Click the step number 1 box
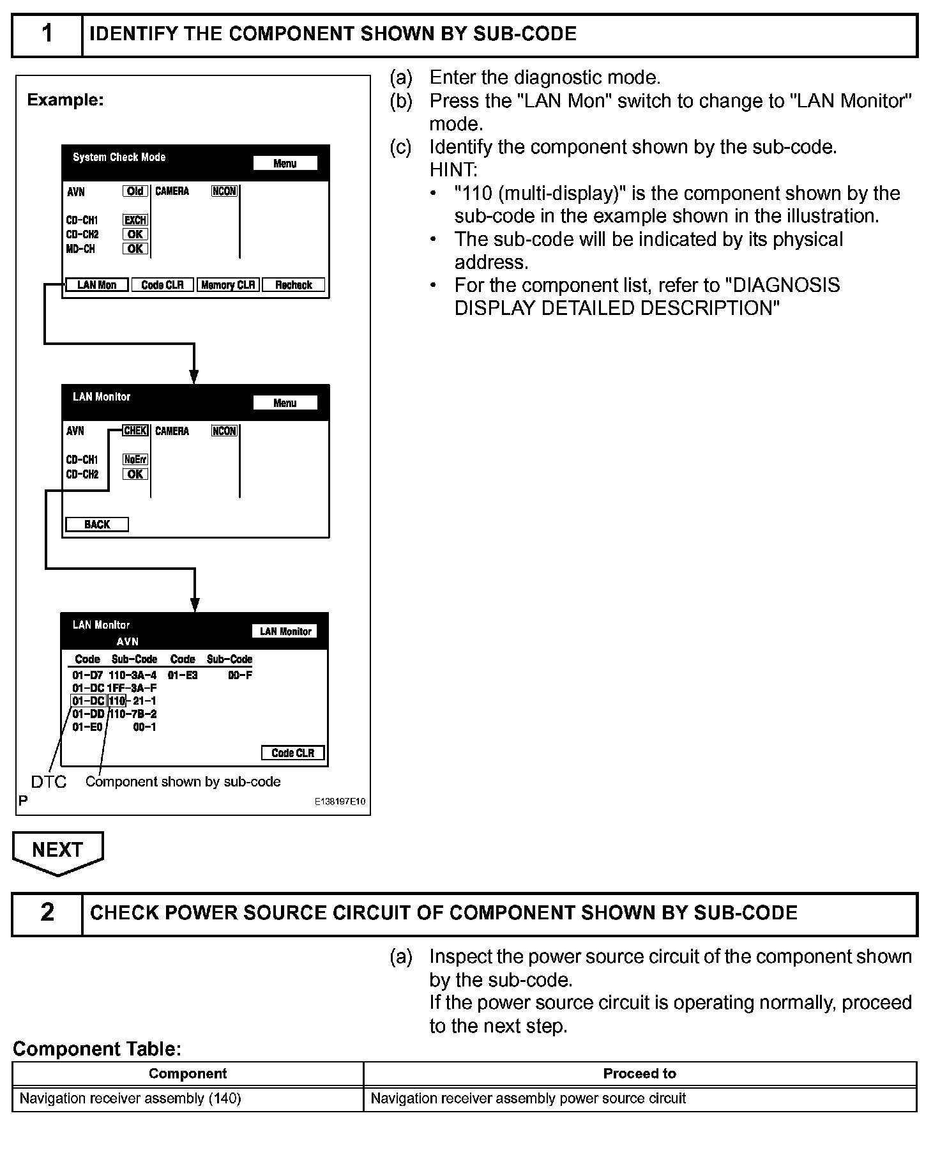click(47, 34)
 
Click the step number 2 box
click(47, 913)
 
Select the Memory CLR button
click(228, 285)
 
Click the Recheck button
click(294, 285)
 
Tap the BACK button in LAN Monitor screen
click(97, 525)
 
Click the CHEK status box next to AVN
click(135, 431)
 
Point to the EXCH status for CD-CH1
click(135, 220)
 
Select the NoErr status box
click(135, 459)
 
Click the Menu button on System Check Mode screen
click(285, 164)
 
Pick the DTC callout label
click(49, 782)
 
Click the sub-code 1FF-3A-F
click(132, 688)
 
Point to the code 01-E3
click(183, 675)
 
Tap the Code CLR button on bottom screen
click(293, 753)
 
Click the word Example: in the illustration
click(65, 100)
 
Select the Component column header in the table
click(188, 1074)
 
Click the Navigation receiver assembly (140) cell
click(131, 1099)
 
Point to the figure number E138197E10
click(340, 802)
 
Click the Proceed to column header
click(640, 1074)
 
